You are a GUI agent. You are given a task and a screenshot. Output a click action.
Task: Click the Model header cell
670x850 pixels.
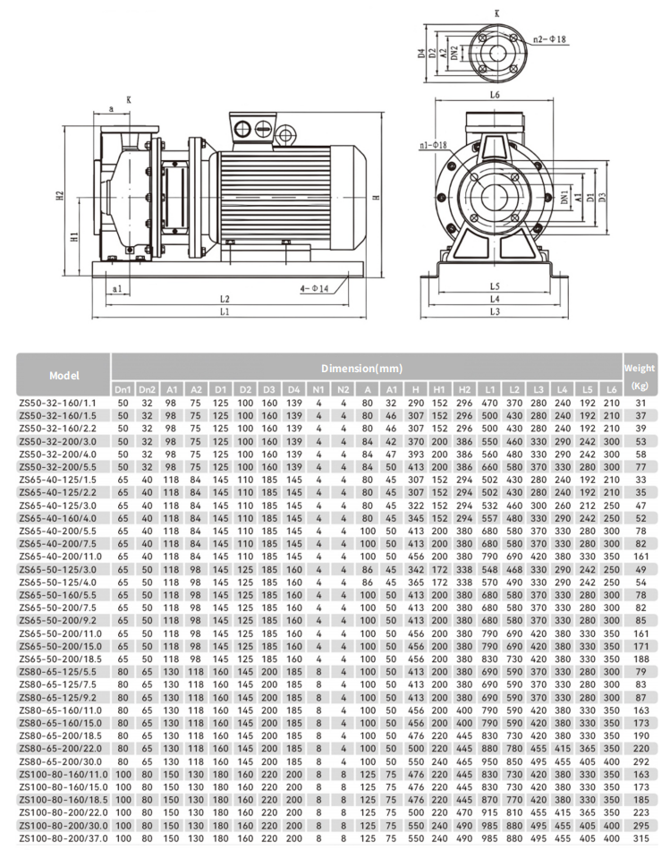(64, 376)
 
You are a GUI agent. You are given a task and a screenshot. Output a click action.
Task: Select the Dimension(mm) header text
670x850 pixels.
(363, 368)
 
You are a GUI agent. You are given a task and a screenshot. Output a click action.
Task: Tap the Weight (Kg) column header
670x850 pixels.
(639, 376)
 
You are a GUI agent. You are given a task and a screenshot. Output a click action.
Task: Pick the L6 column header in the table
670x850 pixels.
(611, 390)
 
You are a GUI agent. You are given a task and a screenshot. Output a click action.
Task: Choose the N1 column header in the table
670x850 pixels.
(318, 390)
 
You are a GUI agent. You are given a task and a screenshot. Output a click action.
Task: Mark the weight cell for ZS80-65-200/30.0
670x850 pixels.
(640, 761)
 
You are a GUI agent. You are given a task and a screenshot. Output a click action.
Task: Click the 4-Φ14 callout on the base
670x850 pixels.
(315, 288)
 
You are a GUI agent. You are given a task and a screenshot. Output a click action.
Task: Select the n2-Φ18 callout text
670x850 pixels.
(550, 40)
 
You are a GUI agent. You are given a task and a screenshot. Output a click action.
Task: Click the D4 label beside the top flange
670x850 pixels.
(420, 53)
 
